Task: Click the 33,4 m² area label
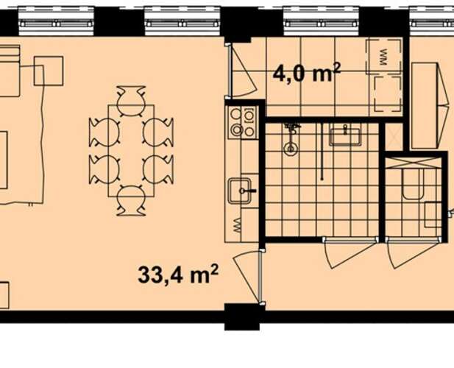(178, 275)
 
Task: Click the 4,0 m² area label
(307, 73)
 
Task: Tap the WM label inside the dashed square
(384, 57)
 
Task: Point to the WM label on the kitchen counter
(236, 225)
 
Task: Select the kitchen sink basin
(239, 191)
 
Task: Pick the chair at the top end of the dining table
(131, 100)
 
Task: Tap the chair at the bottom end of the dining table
(131, 201)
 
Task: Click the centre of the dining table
(131, 151)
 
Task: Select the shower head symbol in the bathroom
(291, 138)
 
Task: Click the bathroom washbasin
(345, 136)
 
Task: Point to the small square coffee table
(49, 71)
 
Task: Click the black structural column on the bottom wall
(242, 316)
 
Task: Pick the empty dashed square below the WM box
(387, 94)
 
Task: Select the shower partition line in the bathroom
(322, 152)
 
